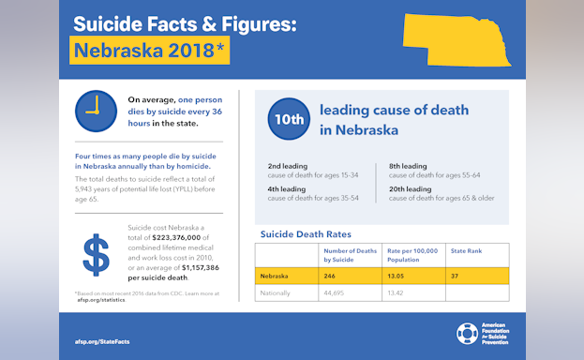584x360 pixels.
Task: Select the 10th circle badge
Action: pyautogui.click(x=289, y=119)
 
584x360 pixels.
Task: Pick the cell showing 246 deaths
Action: pyautogui.click(x=330, y=276)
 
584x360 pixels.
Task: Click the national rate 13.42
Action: pyautogui.click(x=397, y=292)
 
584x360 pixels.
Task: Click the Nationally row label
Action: pyautogui.click(x=276, y=292)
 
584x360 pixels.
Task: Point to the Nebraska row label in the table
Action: pyautogui.click(x=275, y=276)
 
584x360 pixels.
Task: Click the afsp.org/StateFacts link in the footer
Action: pyautogui.click(x=102, y=341)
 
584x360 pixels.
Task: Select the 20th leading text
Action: pyautogui.click(x=410, y=188)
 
